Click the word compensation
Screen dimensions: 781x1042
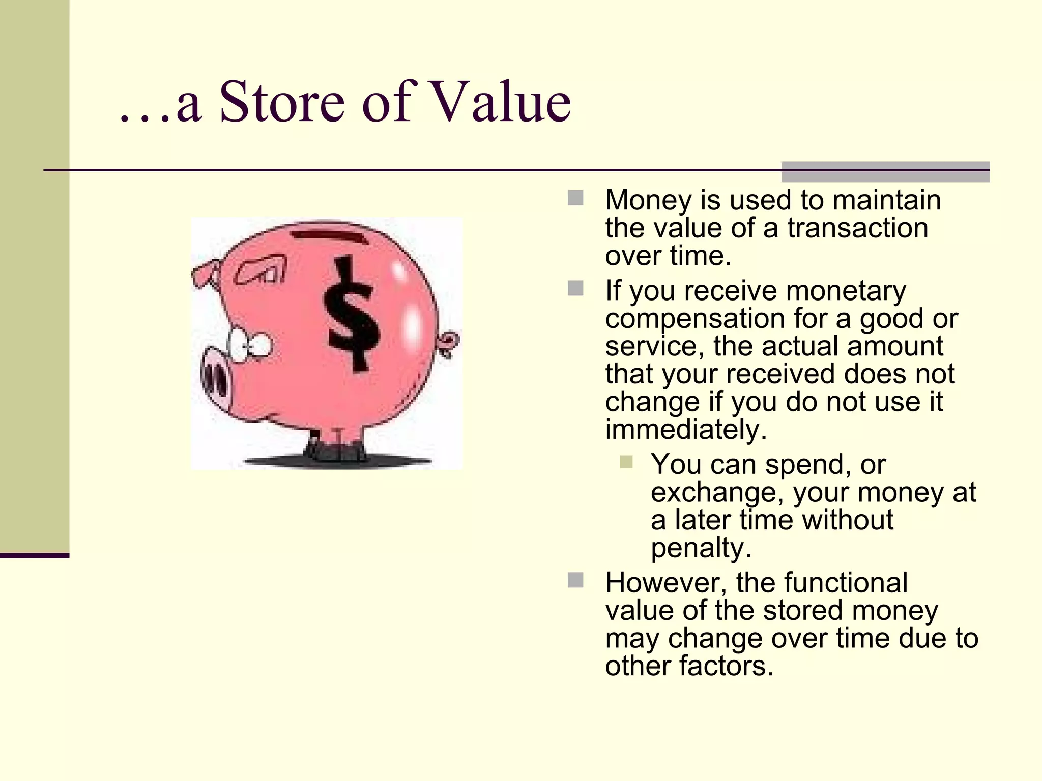pos(695,319)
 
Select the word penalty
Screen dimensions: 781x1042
pos(701,548)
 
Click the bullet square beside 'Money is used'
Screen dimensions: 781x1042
pos(575,198)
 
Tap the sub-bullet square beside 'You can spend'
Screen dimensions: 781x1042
pos(626,462)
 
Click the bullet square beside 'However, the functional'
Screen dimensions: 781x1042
pos(575,580)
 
